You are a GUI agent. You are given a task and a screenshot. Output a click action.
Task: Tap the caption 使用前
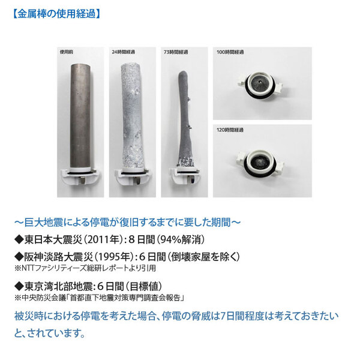pyautogui.click(x=65, y=52)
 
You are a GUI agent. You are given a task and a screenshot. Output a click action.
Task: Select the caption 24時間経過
pyautogui.click(x=123, y=52)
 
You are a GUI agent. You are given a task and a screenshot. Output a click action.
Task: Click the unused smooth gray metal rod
pyautogui.click(x=81, y=114)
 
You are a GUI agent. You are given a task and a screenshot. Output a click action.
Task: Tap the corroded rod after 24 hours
pyautogui.click(x=133, y=114)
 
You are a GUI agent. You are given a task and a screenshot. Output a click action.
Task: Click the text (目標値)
pyautogui.click(x=160, y=286)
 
